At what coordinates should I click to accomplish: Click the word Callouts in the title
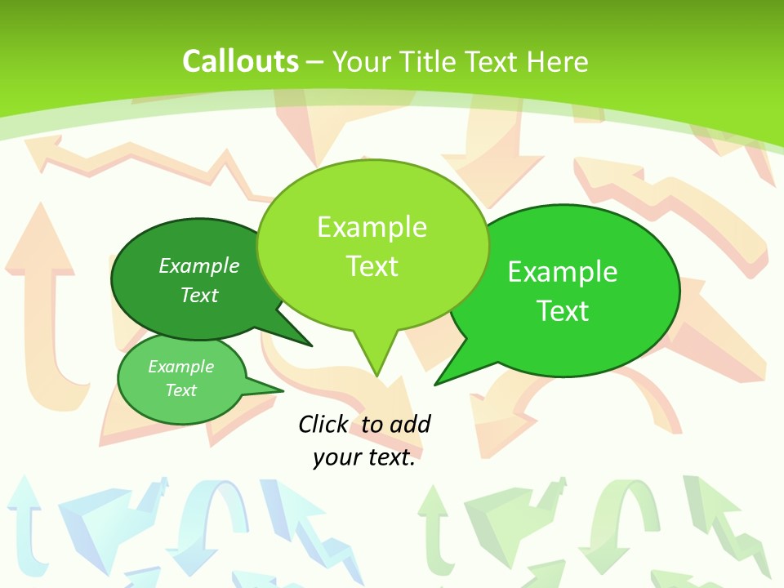(240, 61)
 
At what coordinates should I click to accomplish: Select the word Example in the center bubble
(372, 227)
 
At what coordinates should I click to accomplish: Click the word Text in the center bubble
(372, 266)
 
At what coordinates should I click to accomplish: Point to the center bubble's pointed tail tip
(376, 376)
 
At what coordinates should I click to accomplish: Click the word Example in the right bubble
(563, 272)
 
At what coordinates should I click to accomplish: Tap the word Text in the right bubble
(563, 311)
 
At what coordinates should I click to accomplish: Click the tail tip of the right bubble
(435, 385)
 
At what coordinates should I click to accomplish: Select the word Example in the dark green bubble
(199, 265)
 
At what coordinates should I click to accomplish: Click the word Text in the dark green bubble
(199, 295)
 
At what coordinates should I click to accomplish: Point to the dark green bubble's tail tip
(312, 346)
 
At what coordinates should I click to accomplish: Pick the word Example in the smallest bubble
(180, 367)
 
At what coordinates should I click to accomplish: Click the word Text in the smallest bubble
(180, 390)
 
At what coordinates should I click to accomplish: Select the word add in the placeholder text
(410, 424)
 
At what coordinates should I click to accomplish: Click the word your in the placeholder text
(336, 458)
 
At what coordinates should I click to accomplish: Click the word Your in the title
(360, 61)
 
